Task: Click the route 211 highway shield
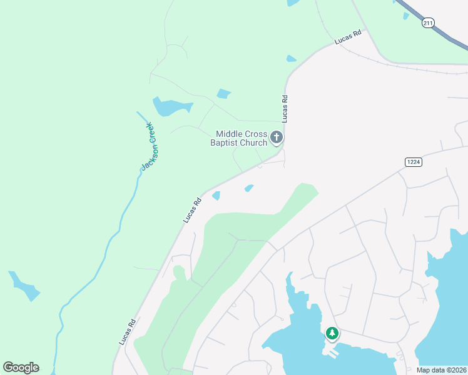[x=428, y=23]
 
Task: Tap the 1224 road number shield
[x=413, y=161]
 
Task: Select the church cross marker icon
[x=277, y=137]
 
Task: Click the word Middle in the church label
[x=229, y=134]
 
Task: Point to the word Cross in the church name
[x=257, y=134]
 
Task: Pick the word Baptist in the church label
[x=225, y=143]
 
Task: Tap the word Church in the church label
[x=254, y=143]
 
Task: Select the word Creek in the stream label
[x=151, y=132]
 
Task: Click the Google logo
[x=21, y=367]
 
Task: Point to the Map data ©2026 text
[x=442, y=370]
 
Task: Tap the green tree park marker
[x=332, y=333]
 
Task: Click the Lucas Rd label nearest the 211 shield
[x=348, y=38]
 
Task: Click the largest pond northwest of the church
[x=168, y=107]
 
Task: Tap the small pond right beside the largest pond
[x=223, y=94]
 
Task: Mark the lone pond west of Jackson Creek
[x=24, y=286]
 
